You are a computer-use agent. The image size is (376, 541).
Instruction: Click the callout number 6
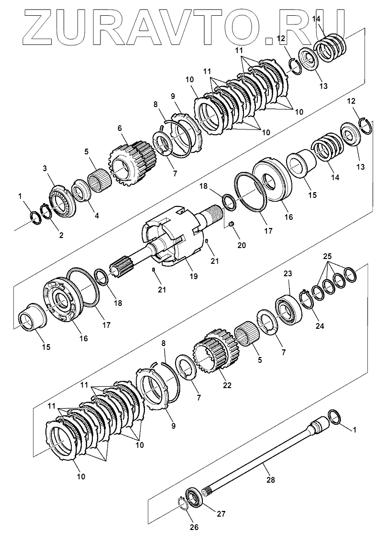pos(120,128)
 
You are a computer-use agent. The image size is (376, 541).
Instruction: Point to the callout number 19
pos(179,276)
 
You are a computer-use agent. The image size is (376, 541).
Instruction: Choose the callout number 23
pos(288,273)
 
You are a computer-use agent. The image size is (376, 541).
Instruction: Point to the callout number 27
pos(221,514)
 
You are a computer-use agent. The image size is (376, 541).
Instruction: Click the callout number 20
pos(242,245)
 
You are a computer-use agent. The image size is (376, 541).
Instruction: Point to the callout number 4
pos(97,216)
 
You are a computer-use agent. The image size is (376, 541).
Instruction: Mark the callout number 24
pos(320,326)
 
